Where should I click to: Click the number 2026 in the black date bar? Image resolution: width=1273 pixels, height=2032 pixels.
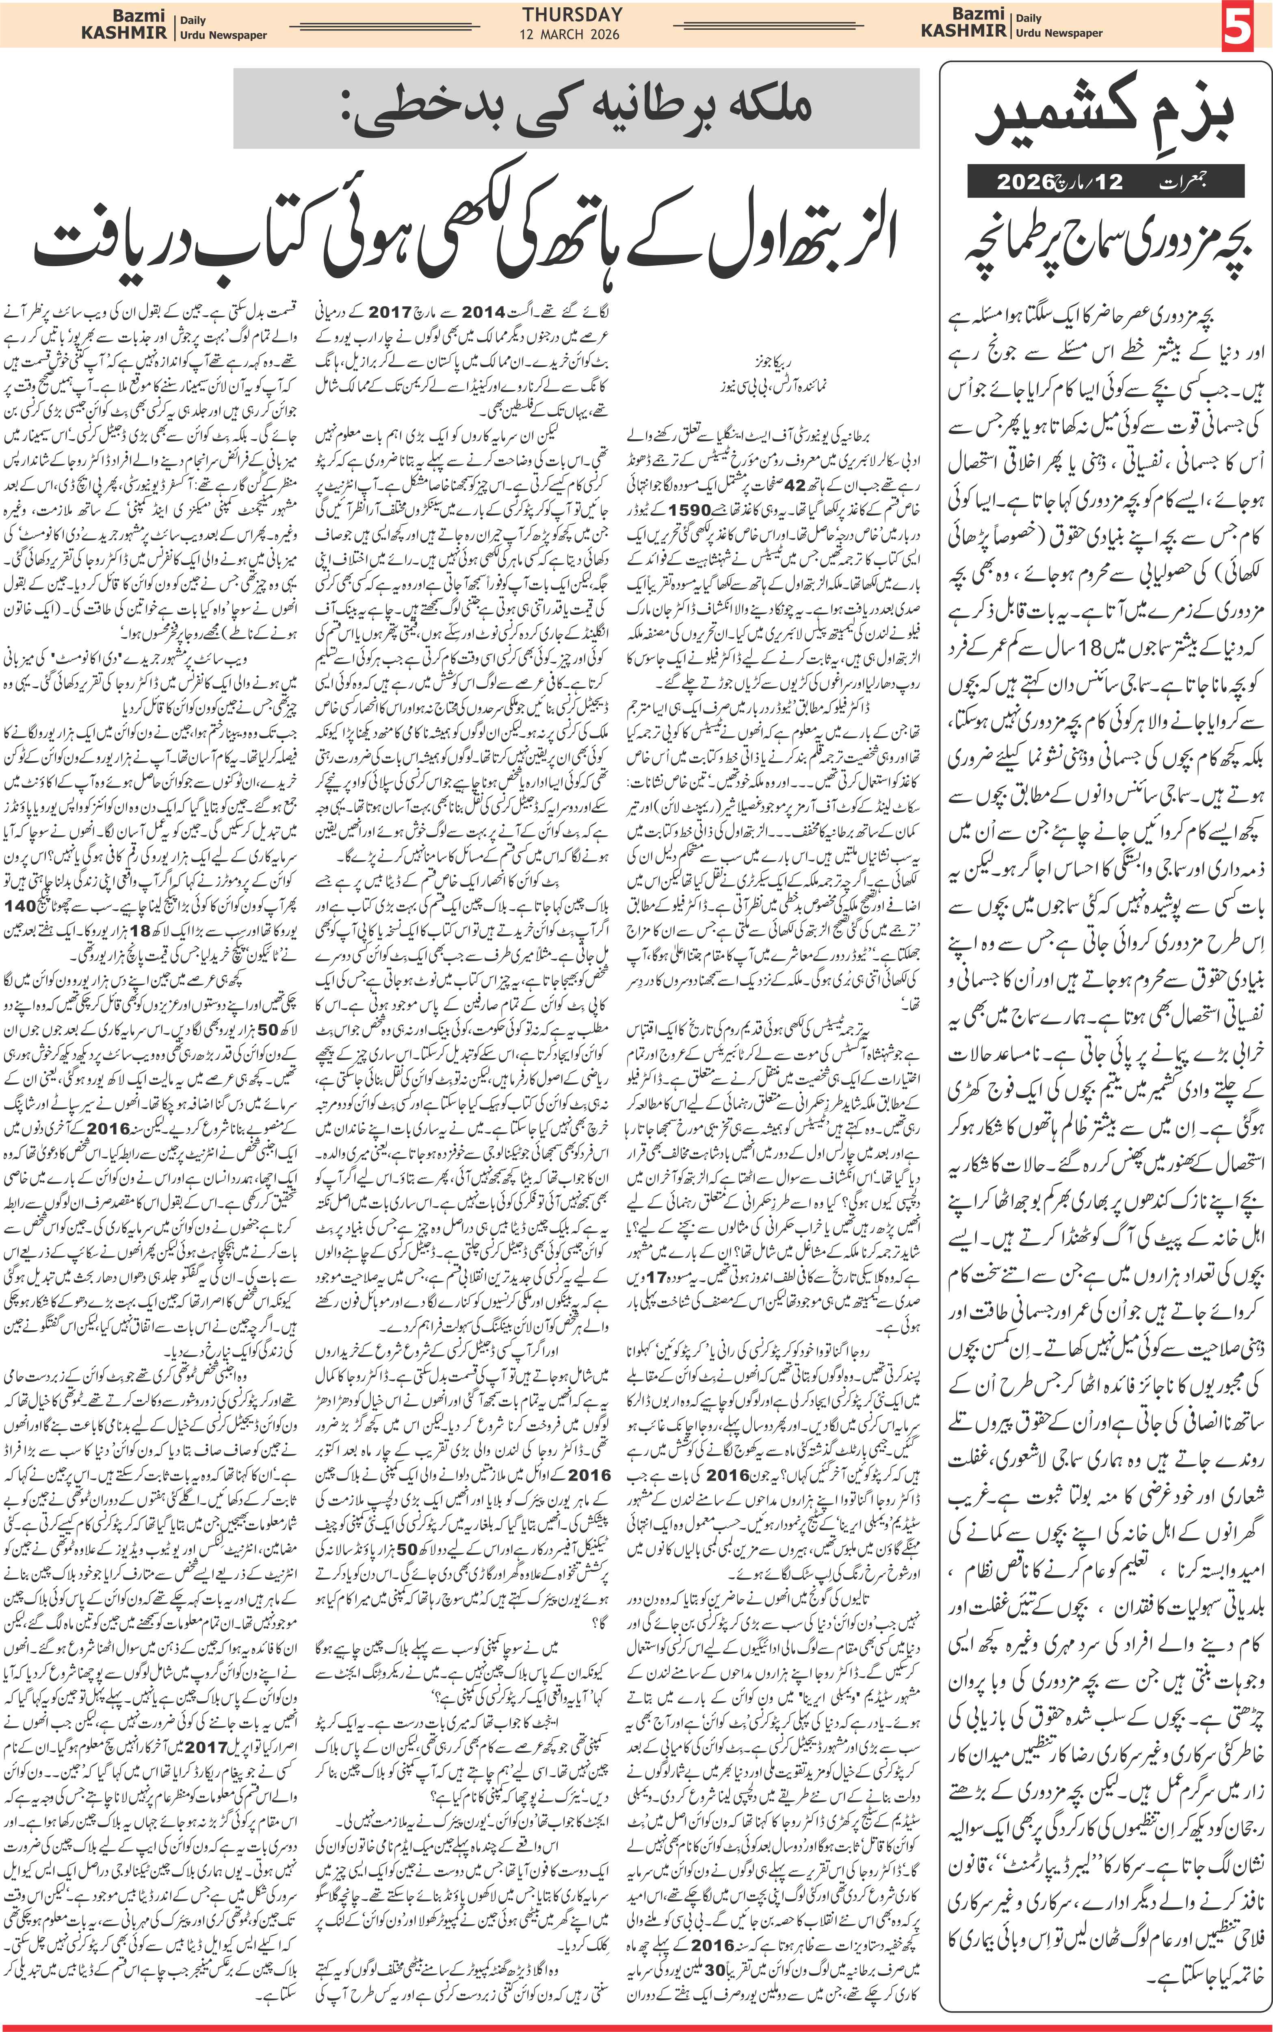pos(1026,182)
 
